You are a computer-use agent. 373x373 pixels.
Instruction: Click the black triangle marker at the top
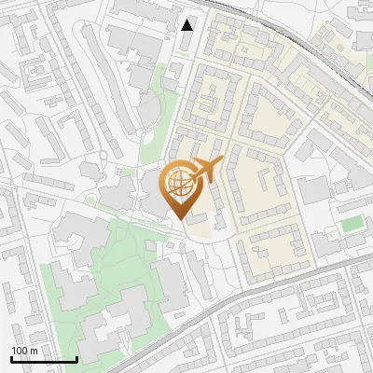click(187, 25)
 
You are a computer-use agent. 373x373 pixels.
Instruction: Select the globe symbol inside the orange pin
click(178, 185)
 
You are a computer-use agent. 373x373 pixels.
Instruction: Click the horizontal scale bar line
click(43, 359)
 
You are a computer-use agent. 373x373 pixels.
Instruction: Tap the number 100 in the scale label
click(20, 351)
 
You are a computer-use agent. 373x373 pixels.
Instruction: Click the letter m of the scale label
click(34, 351)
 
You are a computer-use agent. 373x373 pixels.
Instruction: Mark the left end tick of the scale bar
click(10, 357)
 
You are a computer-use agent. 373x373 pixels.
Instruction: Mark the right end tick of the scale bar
click(76, 357)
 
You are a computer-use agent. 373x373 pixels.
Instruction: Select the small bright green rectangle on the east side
click(352, 224)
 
